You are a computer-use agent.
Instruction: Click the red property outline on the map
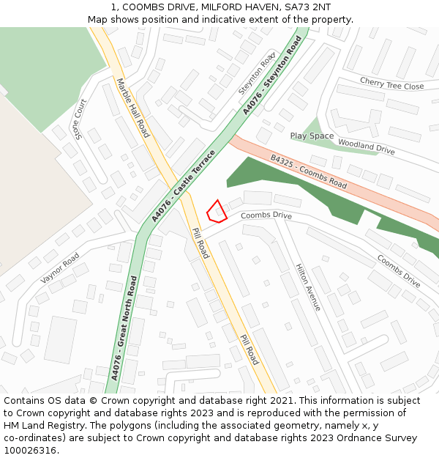click(x=217, y=212)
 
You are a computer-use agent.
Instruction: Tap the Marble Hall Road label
click(x=133, y=108)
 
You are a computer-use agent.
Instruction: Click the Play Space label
click(x=312, y=136)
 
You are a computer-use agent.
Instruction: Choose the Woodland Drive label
click(x=367, y=147)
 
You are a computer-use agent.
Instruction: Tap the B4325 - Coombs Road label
click(x=308, y=171)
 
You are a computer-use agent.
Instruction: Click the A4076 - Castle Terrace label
click(x=183, y=186)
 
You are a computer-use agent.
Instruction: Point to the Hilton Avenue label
click(x=307, y=287)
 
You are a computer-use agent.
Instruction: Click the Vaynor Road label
click(x=60, y=268)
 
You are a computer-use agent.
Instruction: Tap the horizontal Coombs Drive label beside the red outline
click(x=266, y=216)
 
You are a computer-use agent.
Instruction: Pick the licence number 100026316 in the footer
click(x=31, y=451)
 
